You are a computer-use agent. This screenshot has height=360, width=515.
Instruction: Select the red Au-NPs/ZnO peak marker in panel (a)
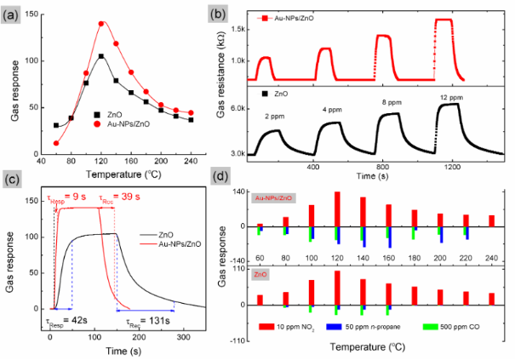[x=102, y=24]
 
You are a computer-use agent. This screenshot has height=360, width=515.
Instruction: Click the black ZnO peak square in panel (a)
[x=102, y=56]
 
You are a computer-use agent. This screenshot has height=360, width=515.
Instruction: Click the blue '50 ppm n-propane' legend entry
[x=380, y=327]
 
